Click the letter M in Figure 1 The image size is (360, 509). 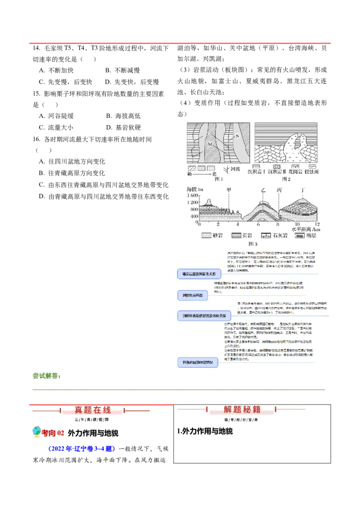(210, 144)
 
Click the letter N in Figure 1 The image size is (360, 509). (237, 135)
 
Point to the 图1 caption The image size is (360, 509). (219, 179)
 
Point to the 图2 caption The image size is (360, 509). (286, 179)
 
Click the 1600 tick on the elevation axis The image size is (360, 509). (192, 196)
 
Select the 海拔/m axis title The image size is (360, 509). (195, 189)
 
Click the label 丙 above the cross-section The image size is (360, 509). (279, 190)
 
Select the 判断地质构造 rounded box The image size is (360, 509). (193, 295)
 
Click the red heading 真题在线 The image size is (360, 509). (92, 410)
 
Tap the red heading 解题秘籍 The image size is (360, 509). (242, 410)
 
